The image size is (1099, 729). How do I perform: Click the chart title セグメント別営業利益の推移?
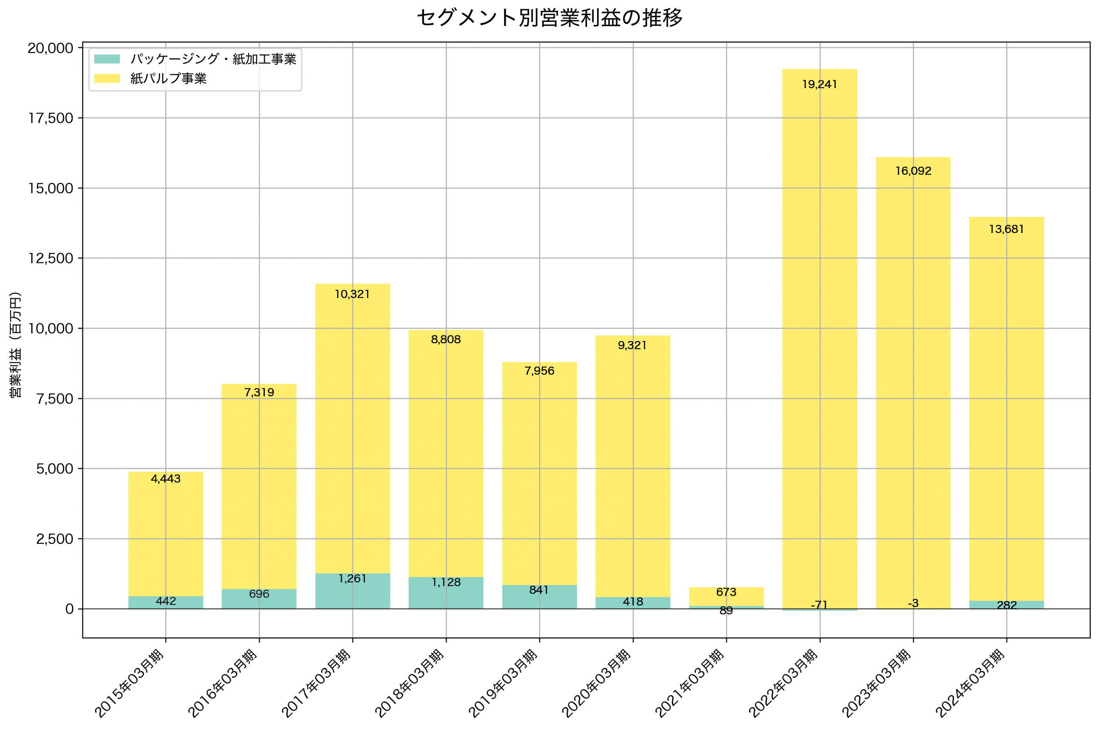click(x=549, y=18)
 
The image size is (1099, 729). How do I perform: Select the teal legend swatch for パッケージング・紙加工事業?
click(x=107, y=59)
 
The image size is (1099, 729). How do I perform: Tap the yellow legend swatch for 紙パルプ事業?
click(x=107, y=79)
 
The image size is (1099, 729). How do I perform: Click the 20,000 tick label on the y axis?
click(x=50, y=48)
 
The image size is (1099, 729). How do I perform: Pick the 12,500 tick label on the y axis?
click(x=51, y=259)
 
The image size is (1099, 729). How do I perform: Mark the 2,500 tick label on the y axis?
click(x=55, y=539)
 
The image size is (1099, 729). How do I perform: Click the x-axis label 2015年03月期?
click(x=130, y=683)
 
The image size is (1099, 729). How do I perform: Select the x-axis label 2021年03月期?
click(x=690, y=683)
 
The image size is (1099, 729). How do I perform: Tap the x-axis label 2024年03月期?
click(x=971, y=683)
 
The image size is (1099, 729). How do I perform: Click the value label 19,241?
click(x=820, y=85)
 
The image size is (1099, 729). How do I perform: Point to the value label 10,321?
click(x=352, y=294)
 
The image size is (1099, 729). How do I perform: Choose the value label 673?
click(x=726, y=592)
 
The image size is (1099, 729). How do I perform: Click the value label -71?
click(x=820, y=605)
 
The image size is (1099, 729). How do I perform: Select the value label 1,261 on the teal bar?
click(x=352, y=579)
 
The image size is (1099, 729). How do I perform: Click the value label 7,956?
click(x=539, y=371)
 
